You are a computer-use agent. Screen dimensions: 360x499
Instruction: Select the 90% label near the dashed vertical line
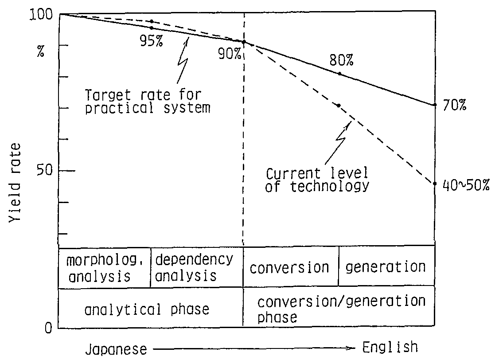click(x=229, y=54)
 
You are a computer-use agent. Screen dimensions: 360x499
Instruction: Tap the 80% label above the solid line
click(x=341, y=60)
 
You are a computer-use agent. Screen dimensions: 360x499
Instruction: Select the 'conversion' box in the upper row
click(x=290, y=267)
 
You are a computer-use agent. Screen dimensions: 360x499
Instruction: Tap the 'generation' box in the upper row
click(x=386, y=266)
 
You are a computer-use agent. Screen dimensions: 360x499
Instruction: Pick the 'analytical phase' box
click(x=147, y=309)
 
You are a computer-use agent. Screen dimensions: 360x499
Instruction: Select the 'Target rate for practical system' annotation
click(x=148, y=102)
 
